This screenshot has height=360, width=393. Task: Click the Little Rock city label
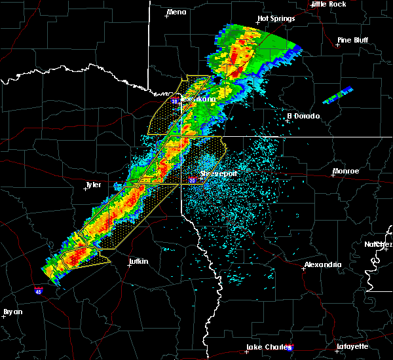[328, 4]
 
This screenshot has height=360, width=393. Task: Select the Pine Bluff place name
[352, 40]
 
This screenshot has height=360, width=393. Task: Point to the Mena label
[176, 12]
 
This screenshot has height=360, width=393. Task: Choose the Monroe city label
[346, 171]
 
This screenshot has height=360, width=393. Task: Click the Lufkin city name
[138, 261]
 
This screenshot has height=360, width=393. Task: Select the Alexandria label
[322, 264]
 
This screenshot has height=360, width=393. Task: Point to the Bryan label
[13, 312]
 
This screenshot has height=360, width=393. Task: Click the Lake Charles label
[267, 347]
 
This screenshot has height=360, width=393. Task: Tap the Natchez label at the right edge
[379, 244]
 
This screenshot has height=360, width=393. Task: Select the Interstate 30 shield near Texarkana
[174, 101]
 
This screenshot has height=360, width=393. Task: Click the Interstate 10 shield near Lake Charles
[290, 349]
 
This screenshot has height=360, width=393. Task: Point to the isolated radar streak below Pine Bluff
[338, 96]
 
